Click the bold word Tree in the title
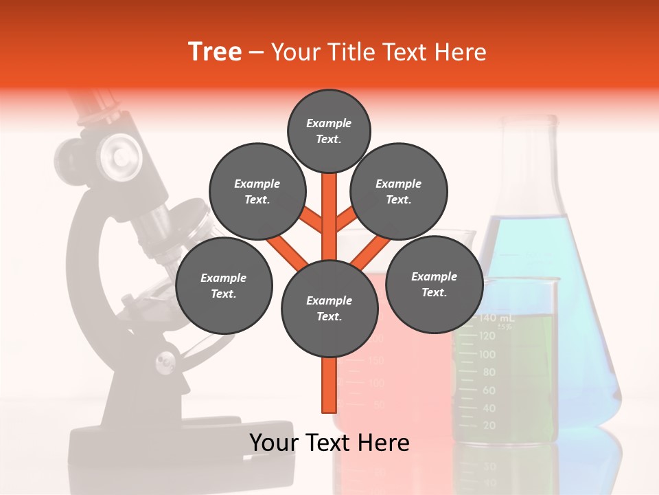tap(215, 52)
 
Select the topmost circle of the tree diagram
tap(329, 131)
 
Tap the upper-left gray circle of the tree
tap(257, 192)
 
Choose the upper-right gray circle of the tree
tap(399, 192)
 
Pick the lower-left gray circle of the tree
tap(224, 286)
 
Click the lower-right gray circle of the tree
tap(434, 284)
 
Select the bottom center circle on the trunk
tap(329, 309)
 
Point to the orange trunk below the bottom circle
tap(329, 385)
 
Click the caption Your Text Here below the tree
tap(329, 443)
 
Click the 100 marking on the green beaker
tap(487, 354)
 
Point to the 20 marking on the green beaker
tap(489, 426)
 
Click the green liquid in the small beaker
tap(522, 371)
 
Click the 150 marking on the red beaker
tap(375, 360)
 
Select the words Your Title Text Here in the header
tap(379, 52)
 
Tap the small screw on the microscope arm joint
tap(165, 360)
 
